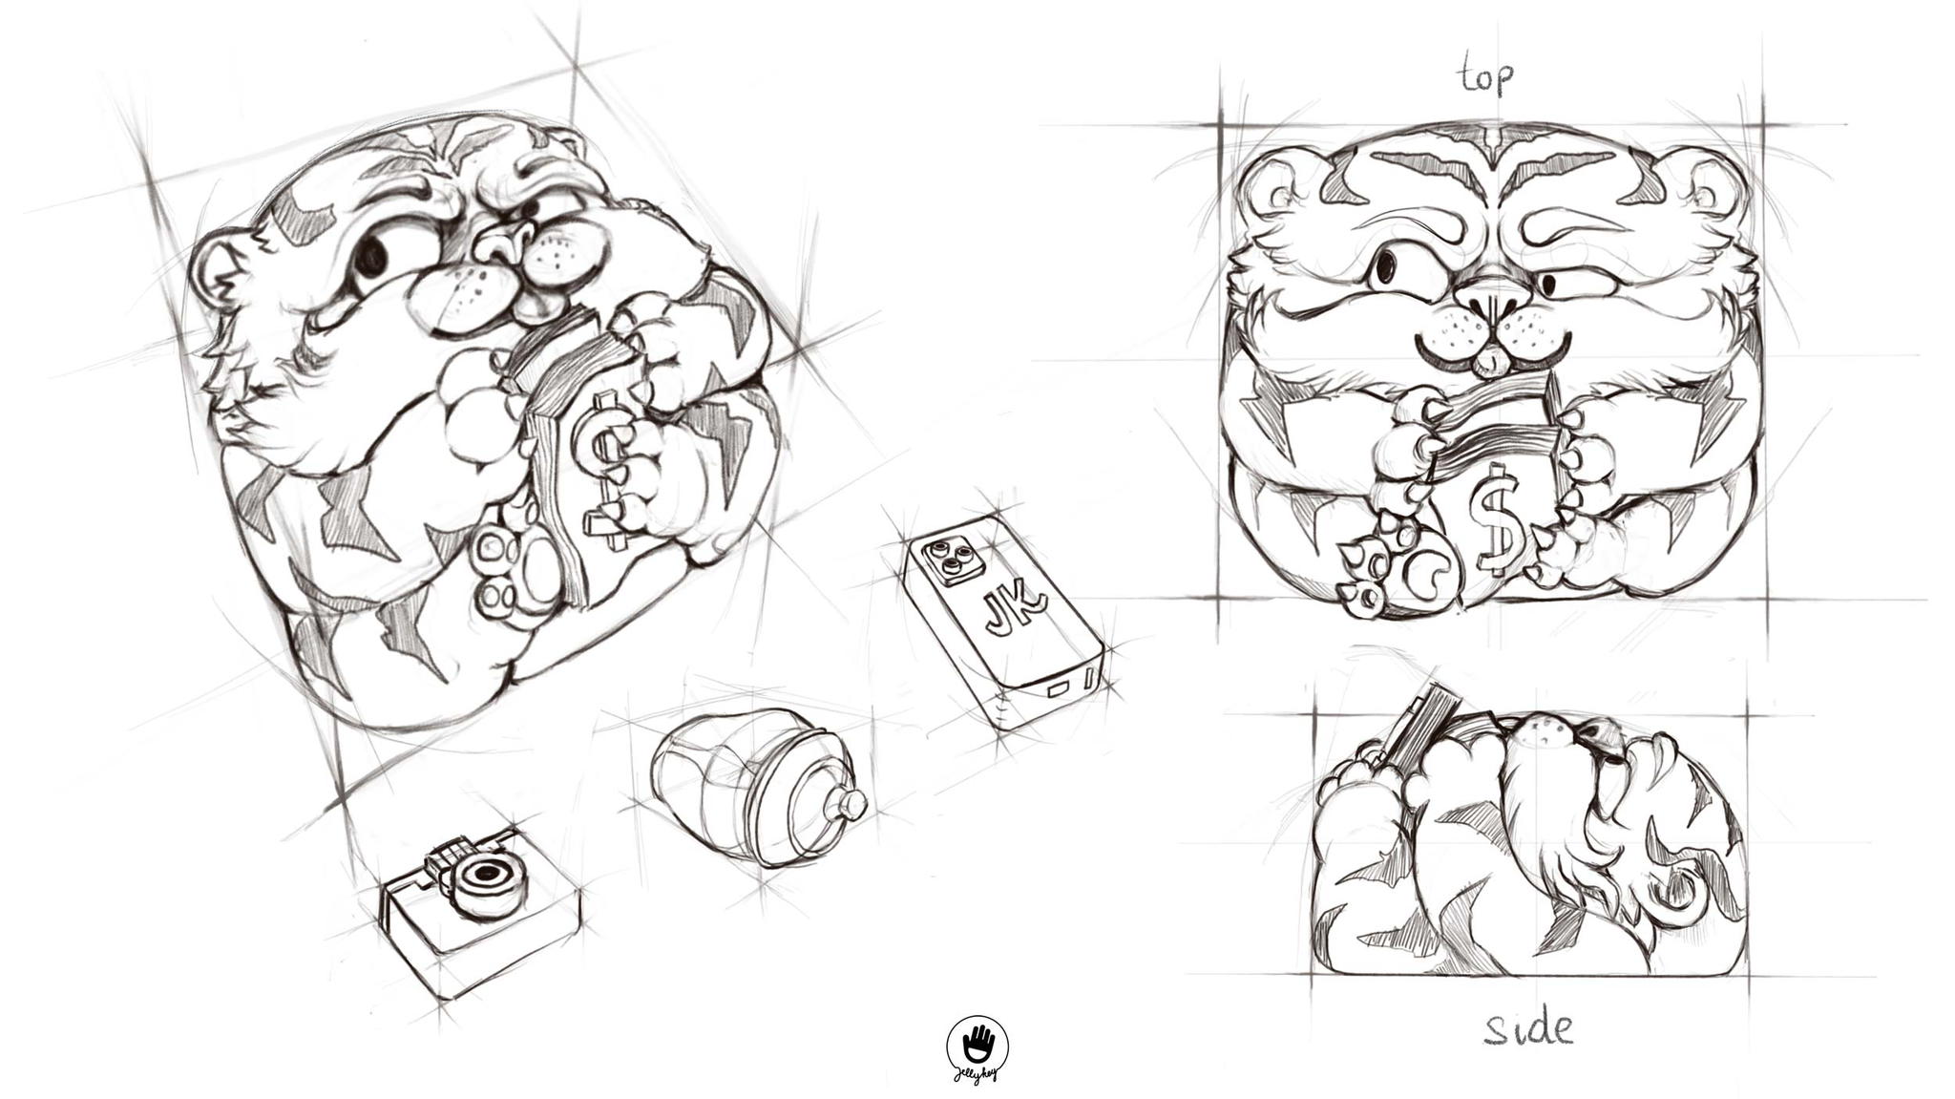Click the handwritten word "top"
[1486, 74]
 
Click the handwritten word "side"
[1528, 1028]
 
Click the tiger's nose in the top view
[1490, 297]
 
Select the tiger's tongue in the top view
[1482, 363]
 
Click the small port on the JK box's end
[1060, 686]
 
